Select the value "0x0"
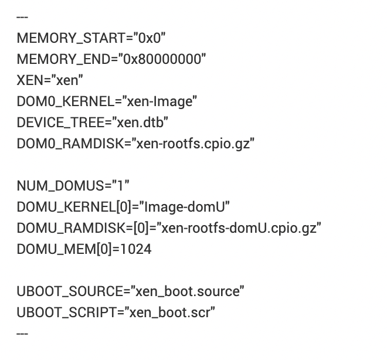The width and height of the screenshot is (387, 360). pyautogui.click(x=150, y=39)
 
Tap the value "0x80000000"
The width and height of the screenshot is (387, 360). pyautogui.click(x=162, y=60)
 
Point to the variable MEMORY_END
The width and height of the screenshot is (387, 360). pyautogui.click(x=64, y=60)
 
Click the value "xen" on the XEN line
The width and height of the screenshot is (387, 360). pyautogui.click(x=66, y=81)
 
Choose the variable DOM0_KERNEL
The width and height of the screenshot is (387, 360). pyautogui.click(x=64, y=102)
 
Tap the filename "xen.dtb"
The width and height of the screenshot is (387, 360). pyautogui.click(x=143, y=123)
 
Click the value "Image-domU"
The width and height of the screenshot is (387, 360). pyautogui.click(x=187, y=207)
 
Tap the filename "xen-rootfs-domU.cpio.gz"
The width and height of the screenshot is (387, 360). pyautogui.click(x=240, y=228)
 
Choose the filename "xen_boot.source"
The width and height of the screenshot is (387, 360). pyautogui.click(x=187, y=291)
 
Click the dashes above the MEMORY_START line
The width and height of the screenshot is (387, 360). pyautogui.click(x=22, y=17)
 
